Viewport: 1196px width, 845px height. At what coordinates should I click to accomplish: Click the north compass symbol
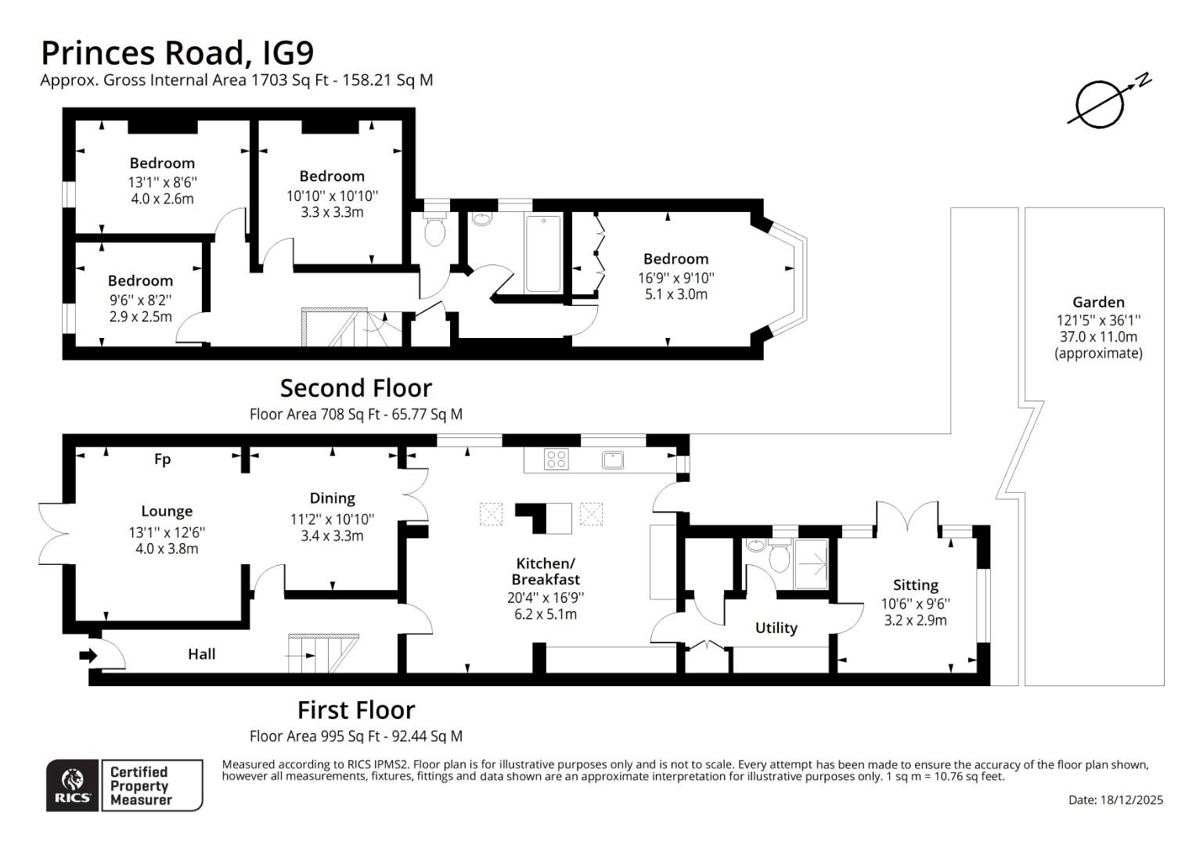[x=1101, y=103]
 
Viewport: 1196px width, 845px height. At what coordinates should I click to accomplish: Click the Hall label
[x=201, y=654]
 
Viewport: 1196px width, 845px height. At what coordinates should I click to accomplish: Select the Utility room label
[x=776, y=627]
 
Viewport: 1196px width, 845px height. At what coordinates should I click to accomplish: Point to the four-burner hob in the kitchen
[x=556, y=460]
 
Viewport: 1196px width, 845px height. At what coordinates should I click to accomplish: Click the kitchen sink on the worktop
[x=613, y=460]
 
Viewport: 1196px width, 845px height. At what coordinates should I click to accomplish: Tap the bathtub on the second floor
[x=543, y=253]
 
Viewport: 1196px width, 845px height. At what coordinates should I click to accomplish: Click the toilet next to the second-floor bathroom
[x=434, y=231]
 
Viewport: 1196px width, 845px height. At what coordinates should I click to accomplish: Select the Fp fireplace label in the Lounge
[x=162, y=459]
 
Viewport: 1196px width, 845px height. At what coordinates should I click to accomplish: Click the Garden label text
[x=1098, y=302]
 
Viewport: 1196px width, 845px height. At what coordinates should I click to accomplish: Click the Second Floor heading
[x=355, y=388]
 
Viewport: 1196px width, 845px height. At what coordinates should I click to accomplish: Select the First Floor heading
[x=355, y=710]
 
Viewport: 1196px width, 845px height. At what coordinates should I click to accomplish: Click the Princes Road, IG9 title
[x=177, y=52]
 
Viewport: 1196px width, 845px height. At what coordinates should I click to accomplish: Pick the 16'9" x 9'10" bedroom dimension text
[x=675, y=277]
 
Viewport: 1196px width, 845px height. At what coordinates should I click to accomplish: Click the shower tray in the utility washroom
[x=811, y=563]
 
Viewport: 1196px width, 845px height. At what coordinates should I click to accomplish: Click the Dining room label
[x=332, y=498]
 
